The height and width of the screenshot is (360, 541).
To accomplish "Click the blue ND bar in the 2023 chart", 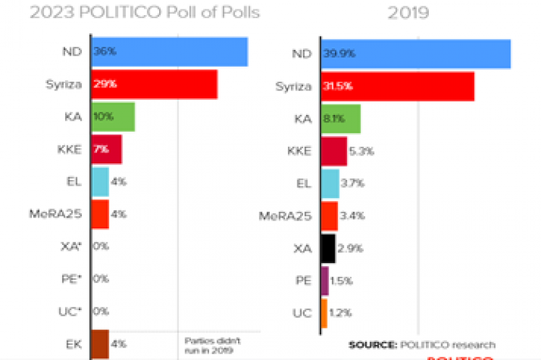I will [x=170, y=51].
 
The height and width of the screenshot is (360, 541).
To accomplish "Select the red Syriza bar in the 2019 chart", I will [x=397, y=87].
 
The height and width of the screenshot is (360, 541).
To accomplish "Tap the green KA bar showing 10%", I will [x=113, y=116].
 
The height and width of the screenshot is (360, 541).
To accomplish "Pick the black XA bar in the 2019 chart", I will [x=328, y=248].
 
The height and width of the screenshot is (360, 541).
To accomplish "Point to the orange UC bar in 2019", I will [x=324, y=313].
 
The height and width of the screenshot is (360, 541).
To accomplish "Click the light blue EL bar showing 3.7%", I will [x=329, y=184].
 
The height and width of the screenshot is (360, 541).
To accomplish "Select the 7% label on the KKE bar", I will [x=101, y=150].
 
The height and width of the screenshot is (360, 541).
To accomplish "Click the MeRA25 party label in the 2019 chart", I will [x=286, y=215].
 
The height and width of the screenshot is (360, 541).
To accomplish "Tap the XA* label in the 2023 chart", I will [x=71, y=247].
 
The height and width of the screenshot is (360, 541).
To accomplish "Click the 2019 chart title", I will [x=408, y=12].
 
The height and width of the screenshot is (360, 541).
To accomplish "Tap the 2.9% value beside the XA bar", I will [x=352, y=248].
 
